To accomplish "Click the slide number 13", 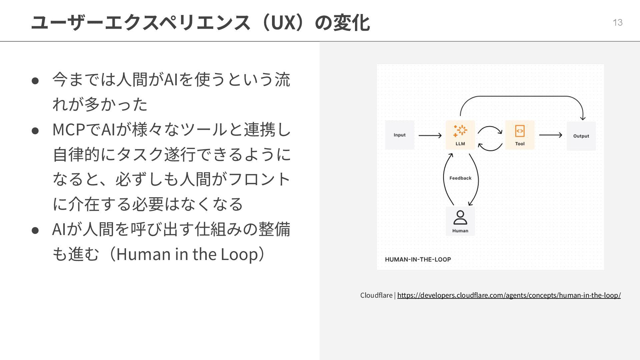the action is coord(617,22).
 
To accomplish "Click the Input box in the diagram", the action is coord(399,135).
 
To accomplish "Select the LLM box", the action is coord(460,135).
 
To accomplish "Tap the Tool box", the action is coord(520,135).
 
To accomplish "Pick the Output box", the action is coord(581,136).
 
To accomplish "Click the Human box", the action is coord(460,221).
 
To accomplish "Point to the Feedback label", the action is coord(460,178).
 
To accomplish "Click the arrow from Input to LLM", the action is coord(430,135).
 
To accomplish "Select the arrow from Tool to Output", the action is coord(550,135).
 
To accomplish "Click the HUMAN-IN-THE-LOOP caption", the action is coord(418,259).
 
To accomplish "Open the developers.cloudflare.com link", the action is coord(509,295).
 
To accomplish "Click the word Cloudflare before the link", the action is coord(376,295).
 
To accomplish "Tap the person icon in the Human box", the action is coord(460,217).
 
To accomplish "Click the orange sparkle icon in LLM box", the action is coord(460,131).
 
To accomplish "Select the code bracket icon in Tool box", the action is coord(520,131).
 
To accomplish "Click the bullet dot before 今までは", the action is coord(36,80).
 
